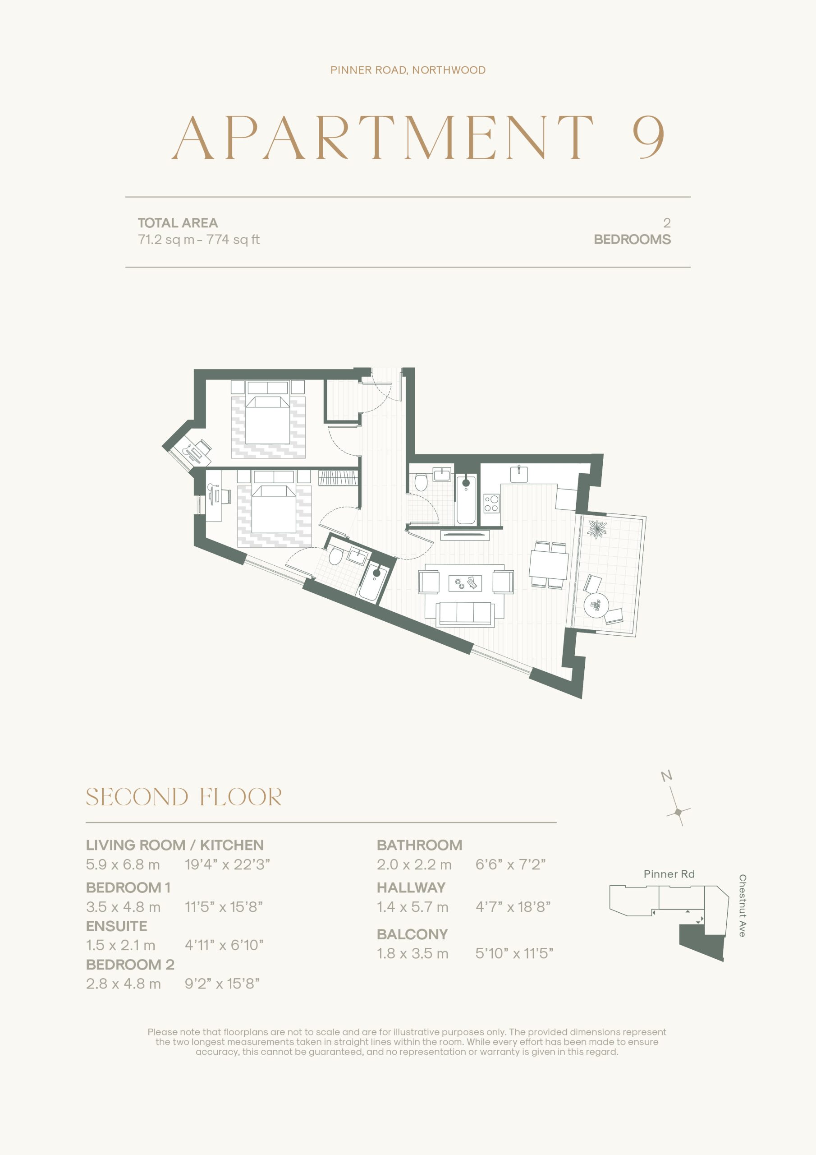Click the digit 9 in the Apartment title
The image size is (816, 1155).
tap(649, 137)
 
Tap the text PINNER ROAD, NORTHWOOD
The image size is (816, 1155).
tap(408, 70)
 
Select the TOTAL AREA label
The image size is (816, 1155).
tap(178, 223)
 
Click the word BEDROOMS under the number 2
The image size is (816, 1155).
tap(632, 240)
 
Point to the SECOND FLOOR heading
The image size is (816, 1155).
tap(183, 797)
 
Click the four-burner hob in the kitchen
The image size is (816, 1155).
tap(491, 504)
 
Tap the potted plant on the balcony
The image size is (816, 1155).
tap(597, 529)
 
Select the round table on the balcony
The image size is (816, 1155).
tap(596, 605)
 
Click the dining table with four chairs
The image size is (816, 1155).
tap(549, 564)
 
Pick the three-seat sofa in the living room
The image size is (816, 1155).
tap(464, 613)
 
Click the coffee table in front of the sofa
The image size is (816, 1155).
tap(465, 583)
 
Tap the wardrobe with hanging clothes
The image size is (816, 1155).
tap(338, 477)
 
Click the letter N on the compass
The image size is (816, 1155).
tap(667, 776)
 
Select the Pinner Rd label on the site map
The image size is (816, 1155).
tap(669, 874)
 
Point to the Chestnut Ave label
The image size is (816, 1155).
tap(742, 906)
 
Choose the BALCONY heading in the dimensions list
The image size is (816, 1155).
tap(412, 934)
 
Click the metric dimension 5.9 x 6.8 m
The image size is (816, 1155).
tap(123, 865)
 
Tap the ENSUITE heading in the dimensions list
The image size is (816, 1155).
tap(117, 926)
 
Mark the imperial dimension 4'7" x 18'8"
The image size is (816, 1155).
tap(513, 907)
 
